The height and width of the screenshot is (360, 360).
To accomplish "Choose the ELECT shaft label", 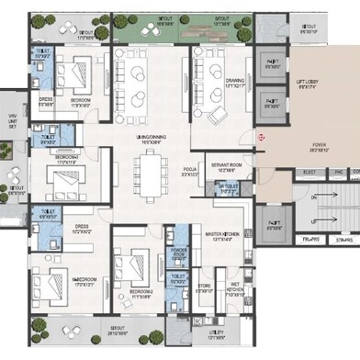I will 309,172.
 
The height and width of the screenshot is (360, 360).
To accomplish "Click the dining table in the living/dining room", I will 149,174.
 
